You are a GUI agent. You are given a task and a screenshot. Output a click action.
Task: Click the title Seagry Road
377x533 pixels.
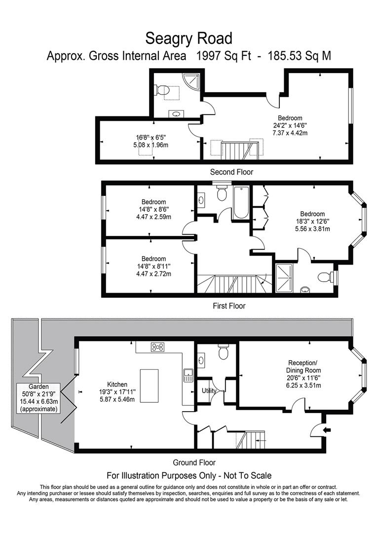[188, 38]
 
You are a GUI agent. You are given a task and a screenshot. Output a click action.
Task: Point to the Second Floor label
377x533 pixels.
[231, 172]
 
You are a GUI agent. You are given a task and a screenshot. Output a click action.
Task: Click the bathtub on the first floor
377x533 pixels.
[241, 203]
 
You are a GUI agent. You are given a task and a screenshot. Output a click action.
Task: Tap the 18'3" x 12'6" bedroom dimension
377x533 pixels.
[312, 221]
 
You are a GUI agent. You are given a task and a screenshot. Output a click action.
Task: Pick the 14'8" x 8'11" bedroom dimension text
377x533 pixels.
[153, 266]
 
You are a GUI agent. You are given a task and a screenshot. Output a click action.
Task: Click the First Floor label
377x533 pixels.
[229, 306]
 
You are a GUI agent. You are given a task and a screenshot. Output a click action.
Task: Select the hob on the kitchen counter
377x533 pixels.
[158, 347]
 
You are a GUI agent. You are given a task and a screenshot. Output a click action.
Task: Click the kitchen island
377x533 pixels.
[149, 386]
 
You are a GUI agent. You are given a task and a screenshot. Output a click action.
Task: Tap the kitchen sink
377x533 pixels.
[188, 376]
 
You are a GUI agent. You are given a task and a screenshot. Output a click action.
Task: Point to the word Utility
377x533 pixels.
[209, 390]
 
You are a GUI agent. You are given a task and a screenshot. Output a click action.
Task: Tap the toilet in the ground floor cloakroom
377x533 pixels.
[224, 352]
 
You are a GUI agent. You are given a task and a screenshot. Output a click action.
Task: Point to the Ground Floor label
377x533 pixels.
[194, 462]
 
